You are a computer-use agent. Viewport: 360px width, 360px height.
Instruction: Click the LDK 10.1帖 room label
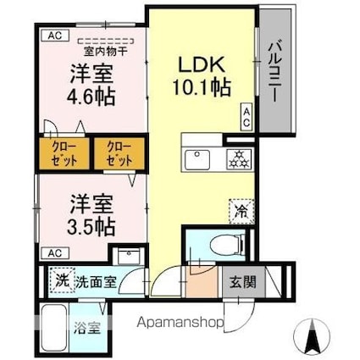click(x=202, y=76)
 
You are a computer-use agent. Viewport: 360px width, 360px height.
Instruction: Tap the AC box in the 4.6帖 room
click(x=55, y=36)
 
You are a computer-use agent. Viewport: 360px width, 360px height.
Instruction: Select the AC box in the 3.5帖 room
click(x=55, y=253)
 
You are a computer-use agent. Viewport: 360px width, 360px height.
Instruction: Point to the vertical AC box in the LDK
click(x=246, y=117)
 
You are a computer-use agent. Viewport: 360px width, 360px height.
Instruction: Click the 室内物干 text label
click(x=106, y=52)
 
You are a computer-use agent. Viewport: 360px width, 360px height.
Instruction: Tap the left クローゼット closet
click(x=64, y=153)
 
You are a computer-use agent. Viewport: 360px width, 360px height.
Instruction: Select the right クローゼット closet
click(x=119, y=153)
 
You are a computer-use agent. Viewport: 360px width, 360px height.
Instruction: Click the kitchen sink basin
click(x=197, y=159)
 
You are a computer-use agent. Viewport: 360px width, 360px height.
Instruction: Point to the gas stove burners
click(x=240, y=159)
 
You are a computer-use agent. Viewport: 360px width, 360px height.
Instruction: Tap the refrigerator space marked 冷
click(x=241, y=211)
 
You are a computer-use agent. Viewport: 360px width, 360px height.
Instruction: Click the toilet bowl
click(x=228, y=243)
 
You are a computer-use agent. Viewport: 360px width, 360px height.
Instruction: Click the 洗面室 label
click(x=96, y=282)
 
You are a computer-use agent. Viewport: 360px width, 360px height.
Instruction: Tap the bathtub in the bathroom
click(x=54, y=328)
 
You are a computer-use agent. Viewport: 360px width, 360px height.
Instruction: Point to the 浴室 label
click(x=87, y=329)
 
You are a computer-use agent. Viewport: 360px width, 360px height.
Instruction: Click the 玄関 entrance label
click(x=243, y=282)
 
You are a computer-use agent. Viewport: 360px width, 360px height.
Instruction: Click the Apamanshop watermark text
click(x=180, y=322)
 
